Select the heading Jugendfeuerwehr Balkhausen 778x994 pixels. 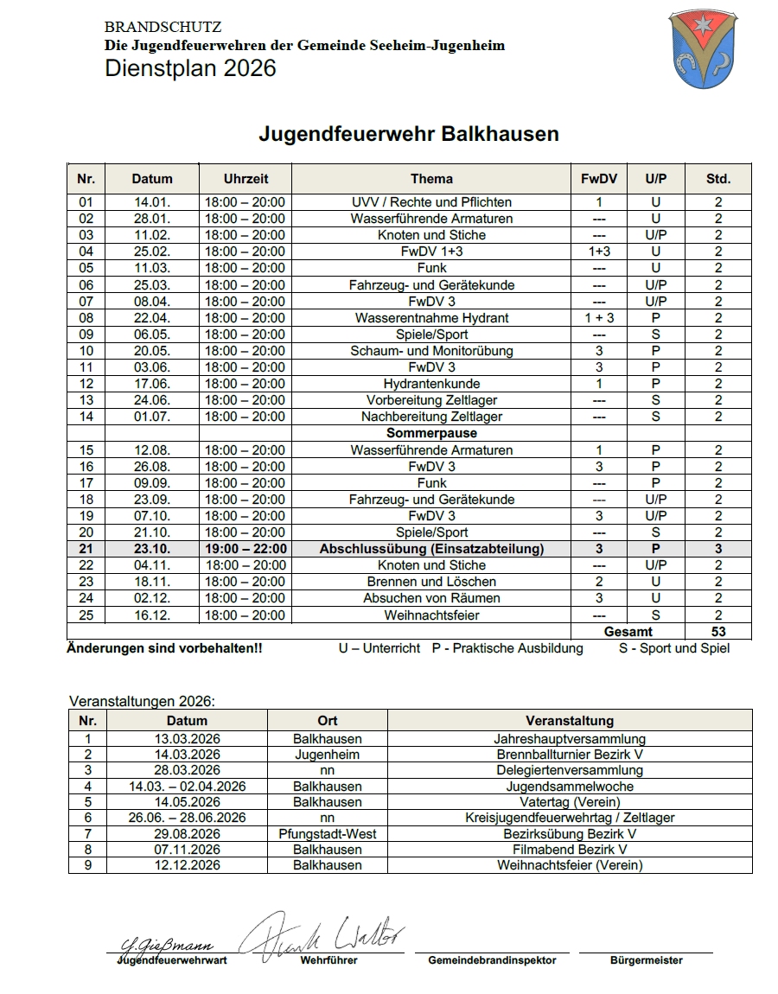point(409,134)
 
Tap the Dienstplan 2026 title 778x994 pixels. point(190,68)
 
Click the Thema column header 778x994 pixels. point(431,179)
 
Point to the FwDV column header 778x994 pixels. point(599,179)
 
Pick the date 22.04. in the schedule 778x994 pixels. point(152,317)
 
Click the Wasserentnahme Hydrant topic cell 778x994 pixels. point(431,317)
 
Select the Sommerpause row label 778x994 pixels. point(431,433)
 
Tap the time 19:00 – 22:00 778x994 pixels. point(246,549)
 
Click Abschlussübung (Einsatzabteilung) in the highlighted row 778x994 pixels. point(431,549)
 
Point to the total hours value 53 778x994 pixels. point(717,632)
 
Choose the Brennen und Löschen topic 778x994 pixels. point(431,582)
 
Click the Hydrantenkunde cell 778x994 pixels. point(431,384)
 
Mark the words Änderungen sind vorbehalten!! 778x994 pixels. point(164,648)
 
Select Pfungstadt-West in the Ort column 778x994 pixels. point(328,834)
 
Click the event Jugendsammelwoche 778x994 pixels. point(570,787)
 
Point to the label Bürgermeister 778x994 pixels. point(646,959)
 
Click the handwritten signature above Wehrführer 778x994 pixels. point(320,933)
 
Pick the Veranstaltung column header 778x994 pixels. point(570,720)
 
